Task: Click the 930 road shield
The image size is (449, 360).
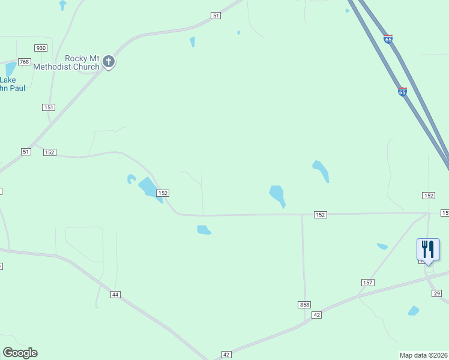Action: pos(41,48)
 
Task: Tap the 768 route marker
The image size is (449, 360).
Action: pos(25,62)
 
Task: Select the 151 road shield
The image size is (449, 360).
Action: pos(49,107)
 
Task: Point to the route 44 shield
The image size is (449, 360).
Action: pos(116,294)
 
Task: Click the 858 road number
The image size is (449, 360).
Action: pos(304,305)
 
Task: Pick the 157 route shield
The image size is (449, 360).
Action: pos(368,282)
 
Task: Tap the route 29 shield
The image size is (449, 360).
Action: pos(436,293)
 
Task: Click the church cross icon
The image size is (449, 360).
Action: pos(109,62)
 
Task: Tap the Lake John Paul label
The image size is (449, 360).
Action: pos(12,83)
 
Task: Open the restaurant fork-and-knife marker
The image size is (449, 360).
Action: pos(428,249)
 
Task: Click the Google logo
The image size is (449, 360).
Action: pos(20,353)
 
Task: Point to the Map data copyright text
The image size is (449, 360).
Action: pos(424,355)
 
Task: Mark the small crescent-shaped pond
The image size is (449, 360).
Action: pos(130,178)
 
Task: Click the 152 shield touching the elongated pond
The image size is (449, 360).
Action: pos(162,193)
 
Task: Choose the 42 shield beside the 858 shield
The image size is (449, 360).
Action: pos(318,315)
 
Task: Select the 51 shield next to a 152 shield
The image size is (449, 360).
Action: pos(26,152)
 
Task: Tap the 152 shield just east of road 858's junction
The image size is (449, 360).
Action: pos(320,215)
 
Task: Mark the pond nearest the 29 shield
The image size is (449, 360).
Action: pos(413,311)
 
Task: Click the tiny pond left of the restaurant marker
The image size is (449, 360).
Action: pos(382,246)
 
